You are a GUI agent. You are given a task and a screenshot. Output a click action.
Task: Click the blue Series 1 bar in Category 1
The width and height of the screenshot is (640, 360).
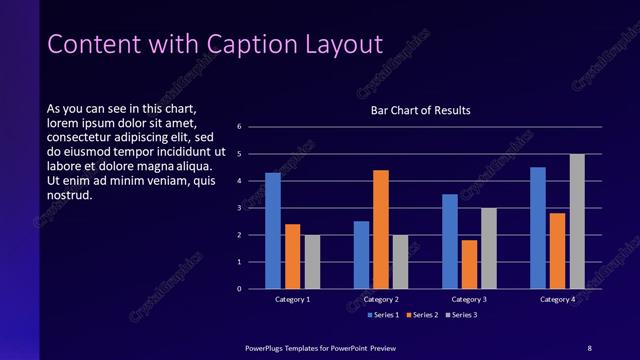pyautogui.click(x=273, y=231)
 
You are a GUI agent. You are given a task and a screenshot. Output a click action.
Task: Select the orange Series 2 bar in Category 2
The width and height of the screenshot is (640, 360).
pyautogui.click(x=381, y=229)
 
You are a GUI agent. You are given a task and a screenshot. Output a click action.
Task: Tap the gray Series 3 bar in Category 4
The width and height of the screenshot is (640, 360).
pyautogui.click(x=577, y=221)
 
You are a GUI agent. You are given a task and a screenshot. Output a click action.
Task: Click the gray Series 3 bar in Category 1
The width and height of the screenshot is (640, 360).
pyautogui.click(x=312, y=262)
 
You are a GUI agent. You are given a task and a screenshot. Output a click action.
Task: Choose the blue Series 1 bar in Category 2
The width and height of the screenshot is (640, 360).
pyautogui.click(x=361, y=255)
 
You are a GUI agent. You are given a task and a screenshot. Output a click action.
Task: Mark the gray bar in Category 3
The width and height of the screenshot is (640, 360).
pyautogui.click(x=489, y=248)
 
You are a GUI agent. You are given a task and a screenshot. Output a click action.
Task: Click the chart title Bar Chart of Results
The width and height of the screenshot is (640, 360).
pyautogui.click(x=420, y=110)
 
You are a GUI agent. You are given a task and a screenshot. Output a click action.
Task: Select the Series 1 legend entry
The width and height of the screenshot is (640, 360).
pyautogui.click(x=384, y=315)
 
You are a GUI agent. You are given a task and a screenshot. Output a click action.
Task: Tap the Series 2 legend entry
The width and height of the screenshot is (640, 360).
pyautogui.click(x=421, y=315)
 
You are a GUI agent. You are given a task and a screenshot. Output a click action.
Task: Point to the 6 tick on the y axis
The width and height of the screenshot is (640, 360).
pyautogui.click(x=239, y=127)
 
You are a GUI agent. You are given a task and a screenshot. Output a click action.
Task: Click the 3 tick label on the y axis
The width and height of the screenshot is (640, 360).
pyautogui.click(x=239, y=208)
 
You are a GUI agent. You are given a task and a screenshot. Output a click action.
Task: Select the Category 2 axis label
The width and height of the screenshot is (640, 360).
pyautogui.click(x=381, y=299)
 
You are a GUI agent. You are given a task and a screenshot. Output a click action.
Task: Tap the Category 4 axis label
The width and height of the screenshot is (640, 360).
pyautogui.click(x=558, y=299)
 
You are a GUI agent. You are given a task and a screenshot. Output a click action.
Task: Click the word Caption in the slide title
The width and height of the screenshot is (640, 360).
pyautogui.click(x=250, y=45)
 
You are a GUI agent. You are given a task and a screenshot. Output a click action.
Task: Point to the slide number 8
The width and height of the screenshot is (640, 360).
pyautogui.click(x=589, y=347)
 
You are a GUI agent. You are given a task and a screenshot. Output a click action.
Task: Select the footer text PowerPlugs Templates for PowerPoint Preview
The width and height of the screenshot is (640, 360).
pyautogui.click(x=321, y=347)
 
